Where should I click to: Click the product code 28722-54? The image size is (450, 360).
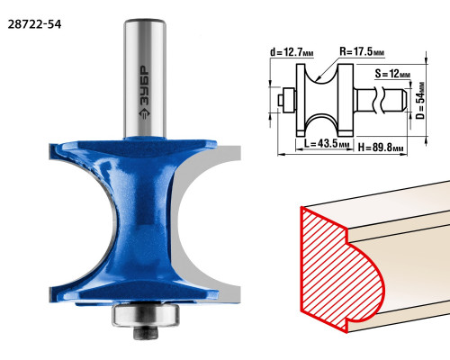(34, 24)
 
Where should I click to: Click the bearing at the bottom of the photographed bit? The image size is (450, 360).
(146, 315)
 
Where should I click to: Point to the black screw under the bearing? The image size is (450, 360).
(146, 332)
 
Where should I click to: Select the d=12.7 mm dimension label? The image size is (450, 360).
(292, 52)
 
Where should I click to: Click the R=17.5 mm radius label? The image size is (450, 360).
(362, 51)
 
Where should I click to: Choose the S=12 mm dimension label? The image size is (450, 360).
(392, 74)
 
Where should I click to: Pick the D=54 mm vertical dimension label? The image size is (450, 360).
(420, 101)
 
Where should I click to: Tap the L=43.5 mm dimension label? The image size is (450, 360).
(327, 143)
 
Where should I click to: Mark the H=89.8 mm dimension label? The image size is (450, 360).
(381, 148)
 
